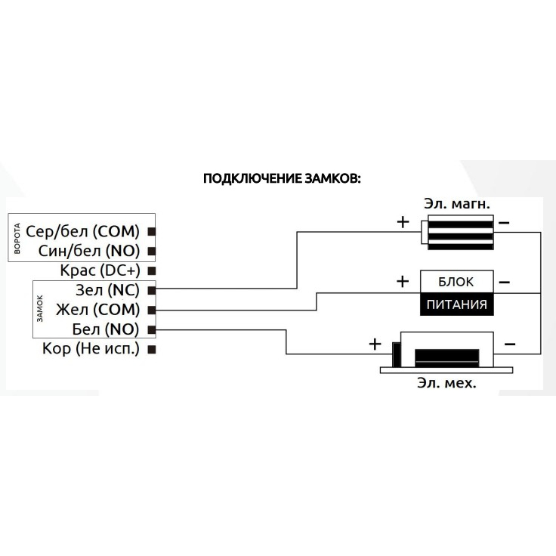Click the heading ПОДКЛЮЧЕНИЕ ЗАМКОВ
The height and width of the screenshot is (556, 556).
(283, 179)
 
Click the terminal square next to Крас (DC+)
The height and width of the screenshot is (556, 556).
(152, 270)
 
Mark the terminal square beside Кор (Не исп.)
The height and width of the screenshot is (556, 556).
(152, 350)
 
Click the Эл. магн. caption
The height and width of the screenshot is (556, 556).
(458, 203)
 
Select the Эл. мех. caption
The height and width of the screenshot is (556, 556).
(446, 384)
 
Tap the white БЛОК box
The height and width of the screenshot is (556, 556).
(456, 282)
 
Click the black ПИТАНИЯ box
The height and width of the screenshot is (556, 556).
(456, 305)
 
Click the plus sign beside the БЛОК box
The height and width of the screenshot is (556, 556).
(403, 281)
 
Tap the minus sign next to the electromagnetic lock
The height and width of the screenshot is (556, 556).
(504, 223)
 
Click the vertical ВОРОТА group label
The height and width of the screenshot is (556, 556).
(17, 238)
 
